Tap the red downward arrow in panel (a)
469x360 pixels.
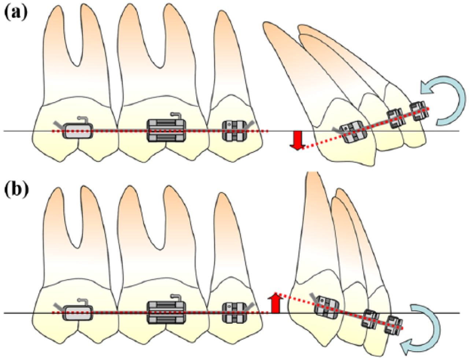[x=297, y=140]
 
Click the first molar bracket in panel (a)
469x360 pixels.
[x=166, y=130]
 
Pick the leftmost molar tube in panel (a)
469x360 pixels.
[x=77, y=130]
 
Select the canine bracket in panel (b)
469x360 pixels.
[x=327, y=305]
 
